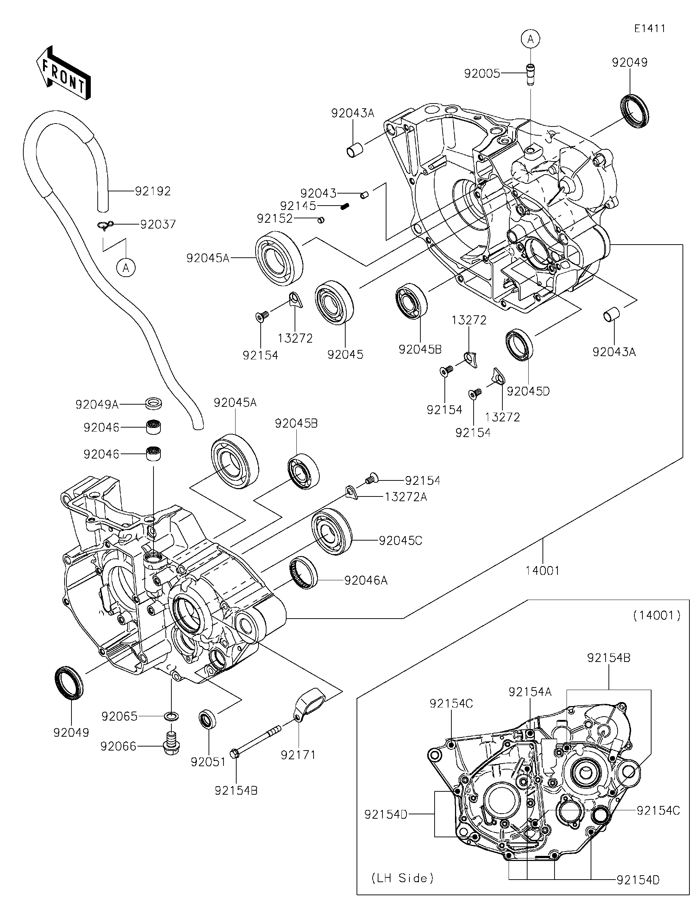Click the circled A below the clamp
coord(126,268)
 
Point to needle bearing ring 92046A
coord(303,572)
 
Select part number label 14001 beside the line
coord(542,571)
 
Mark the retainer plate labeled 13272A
coord(351,492)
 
